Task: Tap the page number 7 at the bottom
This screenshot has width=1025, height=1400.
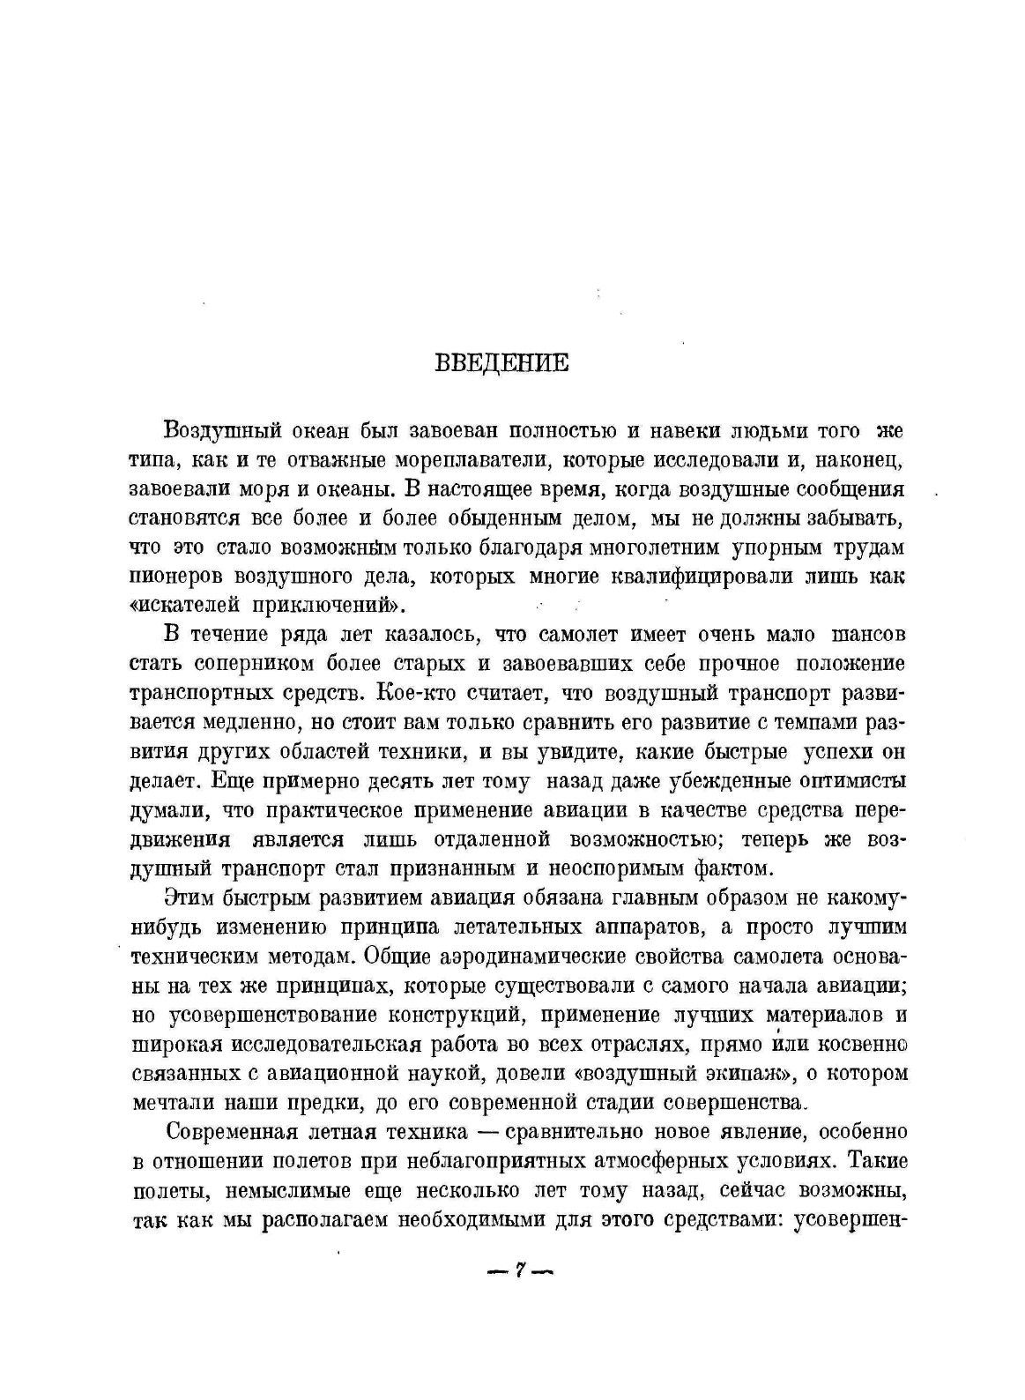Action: tap(520, 1270)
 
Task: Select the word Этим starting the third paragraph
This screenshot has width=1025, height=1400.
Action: tap(187, 897)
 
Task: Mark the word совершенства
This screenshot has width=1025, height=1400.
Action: tap(732, 1103)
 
